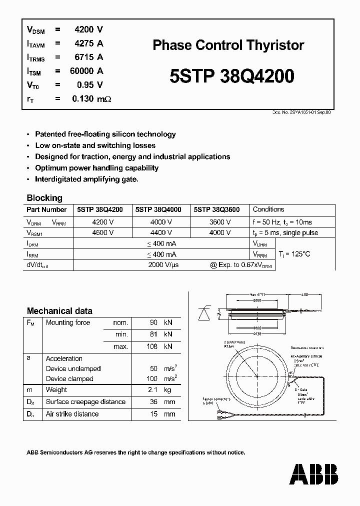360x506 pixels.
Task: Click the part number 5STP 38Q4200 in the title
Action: tap(231, 76)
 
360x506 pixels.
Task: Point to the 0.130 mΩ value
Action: tap(91, 98)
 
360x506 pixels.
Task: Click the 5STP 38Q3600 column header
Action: tap(217, 210)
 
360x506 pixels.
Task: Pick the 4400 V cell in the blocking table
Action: tap(161, 232)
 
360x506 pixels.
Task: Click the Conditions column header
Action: tap(268, 210)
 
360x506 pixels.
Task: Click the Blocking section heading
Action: tap(44, 197)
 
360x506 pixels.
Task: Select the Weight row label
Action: tap(56, 390)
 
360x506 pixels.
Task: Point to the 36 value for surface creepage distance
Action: tap(154, 402)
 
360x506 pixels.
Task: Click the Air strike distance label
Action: tap(72, 414)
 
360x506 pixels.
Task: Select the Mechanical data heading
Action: tap(59, 311)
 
